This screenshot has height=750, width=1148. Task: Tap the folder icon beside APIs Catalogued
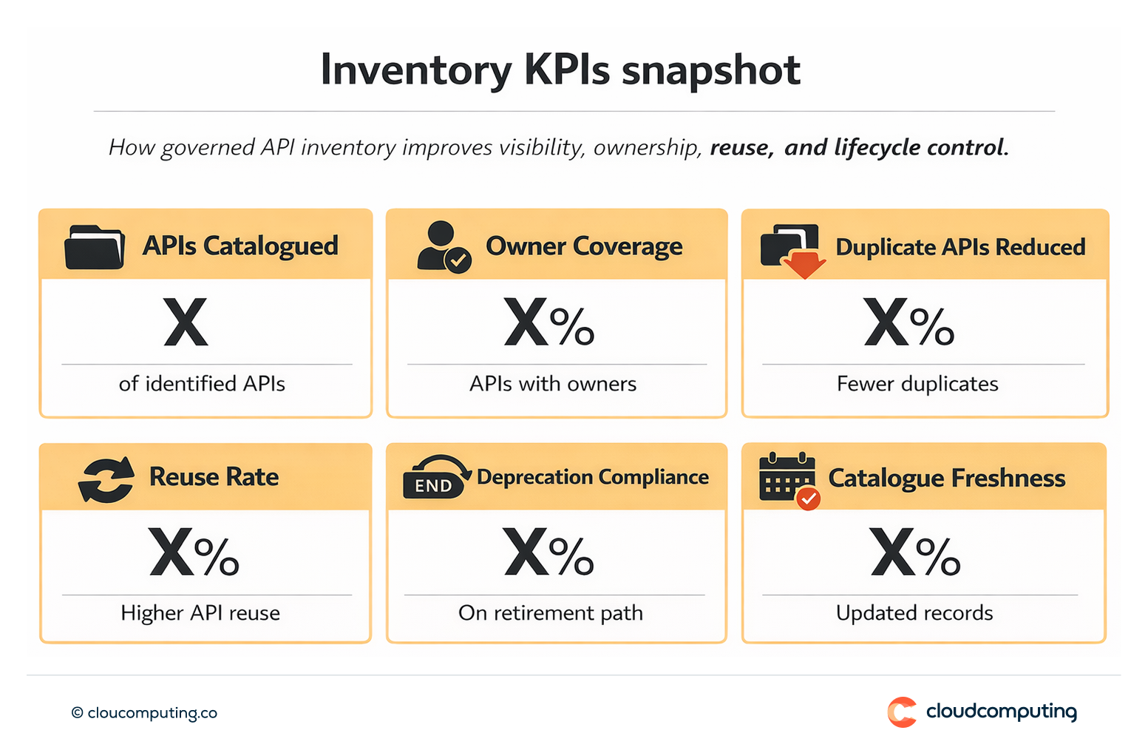coord(94,247)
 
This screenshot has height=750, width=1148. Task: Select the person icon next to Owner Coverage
coord(442,246)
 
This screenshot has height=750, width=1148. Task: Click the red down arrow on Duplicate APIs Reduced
coord(804,264)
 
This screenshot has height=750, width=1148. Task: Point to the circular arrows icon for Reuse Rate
coord(106,479)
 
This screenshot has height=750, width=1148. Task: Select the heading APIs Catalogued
coord(240,246)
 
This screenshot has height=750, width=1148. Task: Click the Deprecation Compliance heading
coord(592,477)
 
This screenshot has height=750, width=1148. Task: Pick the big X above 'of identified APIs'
coord(186,322)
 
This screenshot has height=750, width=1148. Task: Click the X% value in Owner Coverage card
coord(548,322)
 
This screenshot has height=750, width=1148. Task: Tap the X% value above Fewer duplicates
coord(908,322)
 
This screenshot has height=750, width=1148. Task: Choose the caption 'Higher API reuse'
coord(200,612)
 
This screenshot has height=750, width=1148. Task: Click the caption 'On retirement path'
coord(551,612)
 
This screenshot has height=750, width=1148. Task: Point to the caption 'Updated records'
coord(914,612)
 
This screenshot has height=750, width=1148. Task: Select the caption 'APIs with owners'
coord(553,383)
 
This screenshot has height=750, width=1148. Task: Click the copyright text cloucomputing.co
coord(144,713)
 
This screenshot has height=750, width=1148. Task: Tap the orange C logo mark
coord(902,712)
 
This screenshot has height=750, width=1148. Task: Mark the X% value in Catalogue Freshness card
coord(915,553)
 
